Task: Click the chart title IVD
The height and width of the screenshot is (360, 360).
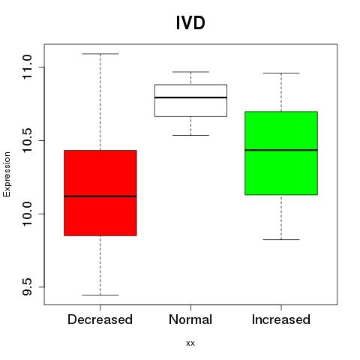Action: coord(190,23)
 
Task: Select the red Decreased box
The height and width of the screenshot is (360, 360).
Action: coord(100,193)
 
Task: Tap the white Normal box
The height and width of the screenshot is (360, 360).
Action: coord(190,100)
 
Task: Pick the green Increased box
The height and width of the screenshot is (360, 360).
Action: coord(281,153)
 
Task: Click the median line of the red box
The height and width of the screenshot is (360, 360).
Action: coord(100,196)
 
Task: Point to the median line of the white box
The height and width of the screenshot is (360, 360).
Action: coord(190,97)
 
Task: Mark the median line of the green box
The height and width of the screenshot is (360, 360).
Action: coord(281,150)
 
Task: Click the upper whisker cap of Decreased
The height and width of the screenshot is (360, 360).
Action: coord(100,54)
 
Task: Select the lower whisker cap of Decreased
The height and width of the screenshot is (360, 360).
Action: coord(100,295)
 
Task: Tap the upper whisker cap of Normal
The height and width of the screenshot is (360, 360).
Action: coord(190,72)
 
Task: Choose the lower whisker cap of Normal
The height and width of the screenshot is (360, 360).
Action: coord(190,135)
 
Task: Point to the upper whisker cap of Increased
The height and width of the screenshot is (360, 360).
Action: coord(281,73)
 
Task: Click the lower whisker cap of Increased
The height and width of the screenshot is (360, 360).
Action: coord(281,239)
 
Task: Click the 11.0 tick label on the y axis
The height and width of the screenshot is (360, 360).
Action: coord(27,67)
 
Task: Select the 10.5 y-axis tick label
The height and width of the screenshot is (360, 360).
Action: coord(27,140)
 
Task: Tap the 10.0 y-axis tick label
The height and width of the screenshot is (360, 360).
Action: coord(27,214)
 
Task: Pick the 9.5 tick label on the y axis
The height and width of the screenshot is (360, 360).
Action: coord(27,287)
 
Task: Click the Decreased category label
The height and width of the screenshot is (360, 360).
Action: coord(100,319)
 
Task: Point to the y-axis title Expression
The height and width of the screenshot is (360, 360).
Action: coord(7,174)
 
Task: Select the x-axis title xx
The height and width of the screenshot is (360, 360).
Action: coord(190,343)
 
